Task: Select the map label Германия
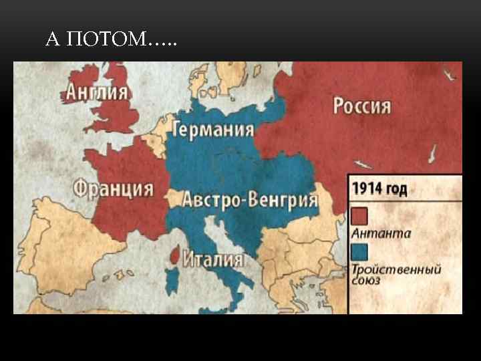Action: point(213,130)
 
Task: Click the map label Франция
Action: point(113,189)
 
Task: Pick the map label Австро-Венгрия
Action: point(250,200)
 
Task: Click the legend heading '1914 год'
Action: point(379,189)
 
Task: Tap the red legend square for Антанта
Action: point(359,215)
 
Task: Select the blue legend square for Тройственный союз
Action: point(359,251)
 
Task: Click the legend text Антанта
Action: point(381,233)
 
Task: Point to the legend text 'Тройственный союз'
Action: point(395,275)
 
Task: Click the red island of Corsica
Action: point(175,254)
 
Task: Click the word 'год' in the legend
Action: point(394,189)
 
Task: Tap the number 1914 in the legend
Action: point(366,189)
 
